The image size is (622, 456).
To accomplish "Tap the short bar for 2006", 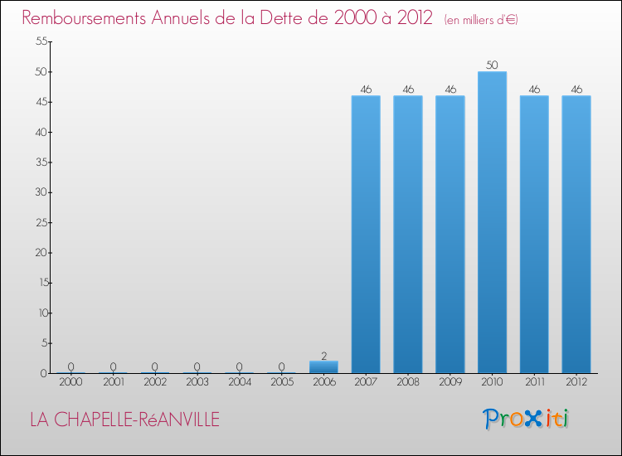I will pos(323,366).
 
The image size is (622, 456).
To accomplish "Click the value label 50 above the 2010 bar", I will pos(492,65).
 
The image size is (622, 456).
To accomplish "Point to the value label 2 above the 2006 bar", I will pos(323,355).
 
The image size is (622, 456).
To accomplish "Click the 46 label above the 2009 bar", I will pos(450,89).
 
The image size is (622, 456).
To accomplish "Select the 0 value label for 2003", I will pos(197,366).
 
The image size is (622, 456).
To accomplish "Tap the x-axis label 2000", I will pos(71,383).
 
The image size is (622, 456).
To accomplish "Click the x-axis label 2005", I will pos(281,383).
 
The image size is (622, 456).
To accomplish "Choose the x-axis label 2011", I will pos(534,383).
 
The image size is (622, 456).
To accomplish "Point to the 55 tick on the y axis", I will pos(38,41).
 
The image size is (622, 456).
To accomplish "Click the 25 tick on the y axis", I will pos(38,222).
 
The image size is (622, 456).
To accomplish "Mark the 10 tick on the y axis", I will pos(38,313).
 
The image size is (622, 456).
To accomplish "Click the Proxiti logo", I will pos(527,419).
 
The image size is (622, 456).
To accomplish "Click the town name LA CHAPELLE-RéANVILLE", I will pos(124,420).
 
